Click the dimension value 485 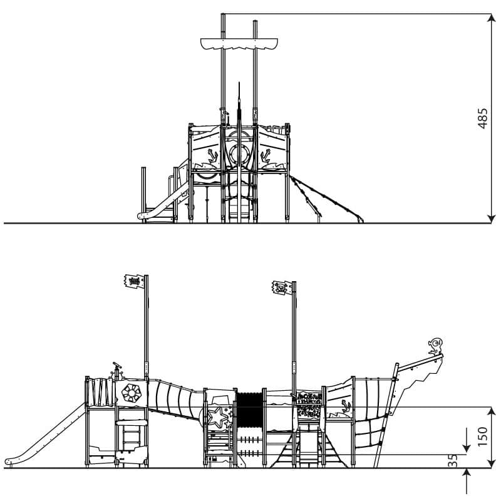point(483,118)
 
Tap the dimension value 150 point(483,436)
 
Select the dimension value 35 point(453,460)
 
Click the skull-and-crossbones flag point(282,287)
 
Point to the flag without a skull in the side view point(134,281)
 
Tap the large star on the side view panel point(215,417)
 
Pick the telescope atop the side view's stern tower point(117,365)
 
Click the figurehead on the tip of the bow point(435,346)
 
